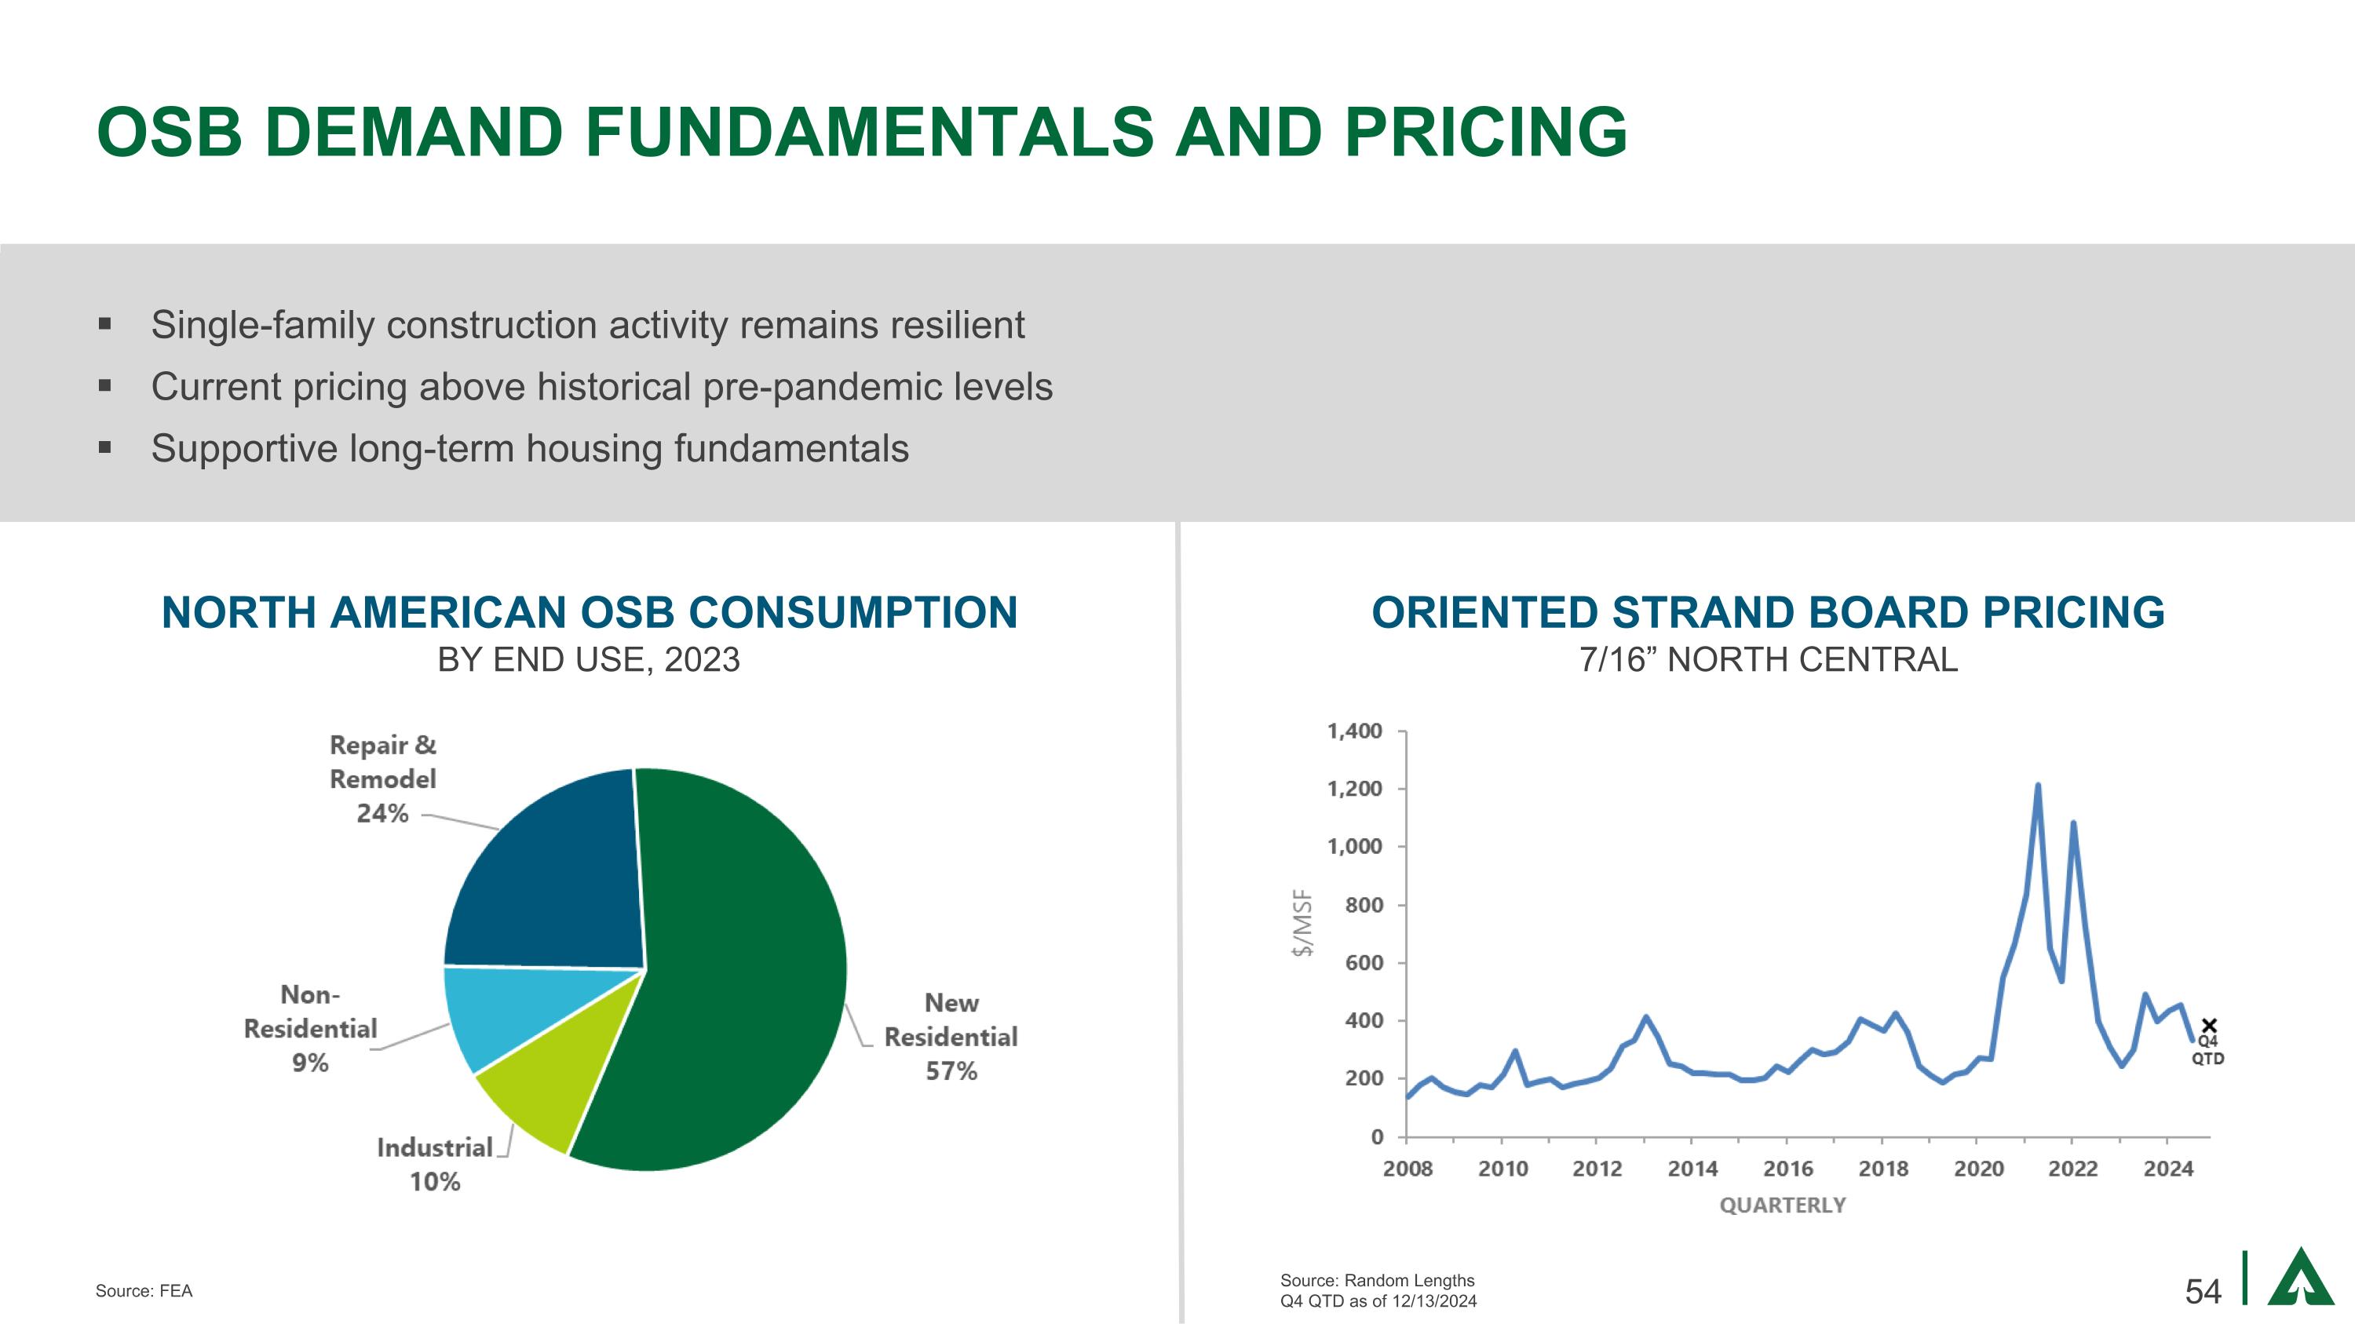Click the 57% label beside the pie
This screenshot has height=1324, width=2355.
[x=951, y=1071]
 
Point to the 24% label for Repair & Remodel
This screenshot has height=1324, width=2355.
[x=382, y=813]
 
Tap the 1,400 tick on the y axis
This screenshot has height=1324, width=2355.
[x=1354, y=731]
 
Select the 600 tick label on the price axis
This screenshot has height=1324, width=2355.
[x=1363, y=963]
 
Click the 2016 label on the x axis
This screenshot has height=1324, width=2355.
[x=1787, y=1169]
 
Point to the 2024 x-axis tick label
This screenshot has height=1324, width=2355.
[x=2167, y=1169]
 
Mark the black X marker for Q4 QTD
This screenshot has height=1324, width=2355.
[x=2209, y=1026]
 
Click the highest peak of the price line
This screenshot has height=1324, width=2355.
[x=2038, y=786]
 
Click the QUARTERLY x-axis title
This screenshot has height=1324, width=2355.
[x=1782, y=1205]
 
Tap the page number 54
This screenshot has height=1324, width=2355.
[x=2203, y=1291]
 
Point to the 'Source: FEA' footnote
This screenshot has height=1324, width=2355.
[x=144, y=1291]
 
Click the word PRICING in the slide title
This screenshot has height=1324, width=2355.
[x=1485, y=132]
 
